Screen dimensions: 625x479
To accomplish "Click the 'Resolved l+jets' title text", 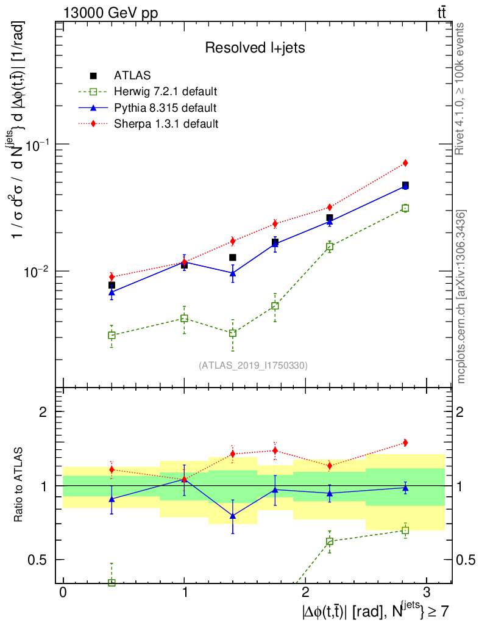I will [x=255, y=48].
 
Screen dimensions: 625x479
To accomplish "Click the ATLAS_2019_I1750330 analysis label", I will [x=253, y=366].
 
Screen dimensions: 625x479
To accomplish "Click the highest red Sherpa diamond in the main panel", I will [x=405, y=163].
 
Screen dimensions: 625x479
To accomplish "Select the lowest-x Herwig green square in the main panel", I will [x=112, y=335].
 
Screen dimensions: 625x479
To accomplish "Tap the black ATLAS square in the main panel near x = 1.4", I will [x=233, y=258].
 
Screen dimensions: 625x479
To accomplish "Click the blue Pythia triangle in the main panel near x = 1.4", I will [x=233, y=273].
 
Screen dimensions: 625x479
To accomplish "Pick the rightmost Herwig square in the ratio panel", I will [x=405, y=530].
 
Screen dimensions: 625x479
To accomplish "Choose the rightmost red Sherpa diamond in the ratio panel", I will [x=405, y=443].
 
